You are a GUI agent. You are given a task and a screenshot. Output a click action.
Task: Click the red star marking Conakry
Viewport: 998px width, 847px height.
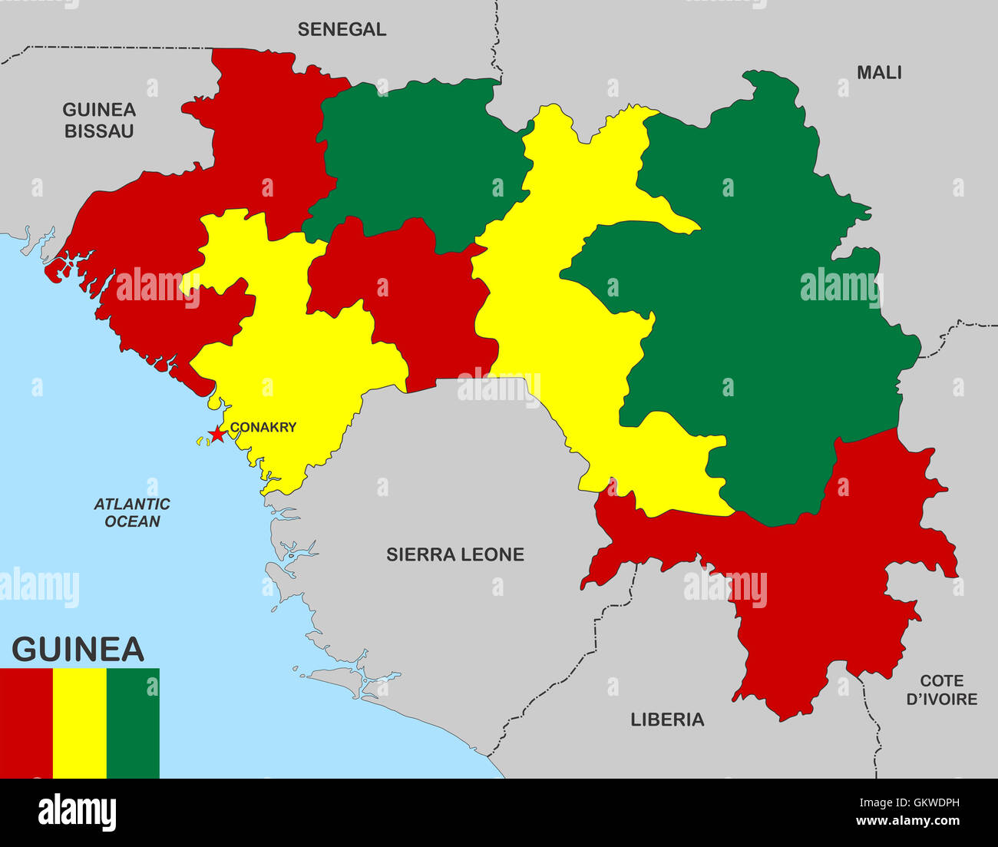pyautogui.click(x=217, y=435)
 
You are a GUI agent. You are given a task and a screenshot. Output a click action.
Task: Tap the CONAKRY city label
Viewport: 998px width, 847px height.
pyautogui.click(x=263, y=428)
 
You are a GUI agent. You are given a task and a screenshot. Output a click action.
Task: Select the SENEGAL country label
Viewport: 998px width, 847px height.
pyautogui.click(x=342, y=30)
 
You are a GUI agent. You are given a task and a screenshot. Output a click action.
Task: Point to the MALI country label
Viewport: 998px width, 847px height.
pyautogui.click(x=879, y=73)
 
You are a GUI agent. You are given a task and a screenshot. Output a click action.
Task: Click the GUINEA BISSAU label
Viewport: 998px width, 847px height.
pyautogui.click(x=99, y=121)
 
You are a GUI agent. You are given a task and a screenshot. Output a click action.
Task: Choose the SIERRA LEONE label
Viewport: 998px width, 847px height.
pyautogui.click(x=454, y=554)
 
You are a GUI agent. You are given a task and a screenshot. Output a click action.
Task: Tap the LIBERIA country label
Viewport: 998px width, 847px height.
pyautogui.click(x=667, y=720)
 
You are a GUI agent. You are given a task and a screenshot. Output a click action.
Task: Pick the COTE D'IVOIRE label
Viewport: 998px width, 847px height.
pyautogui.click(x=941, y=690)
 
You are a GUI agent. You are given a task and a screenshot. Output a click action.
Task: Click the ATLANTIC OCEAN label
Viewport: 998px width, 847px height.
pyautogui.click(x=132, y=513)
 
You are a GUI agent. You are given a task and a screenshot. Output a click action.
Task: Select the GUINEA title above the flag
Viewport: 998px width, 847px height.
pyautogui.click(x=78, y=650)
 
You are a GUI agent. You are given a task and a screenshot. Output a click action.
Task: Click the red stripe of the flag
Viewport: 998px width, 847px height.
pyautogui.click(x=26, y=723)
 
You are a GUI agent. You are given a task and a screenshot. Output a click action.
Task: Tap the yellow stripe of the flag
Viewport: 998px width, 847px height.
pyautogui.click(x=80, y=723)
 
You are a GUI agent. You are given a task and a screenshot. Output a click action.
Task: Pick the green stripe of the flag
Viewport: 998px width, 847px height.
pyautogui.click(x=133, y=723)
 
